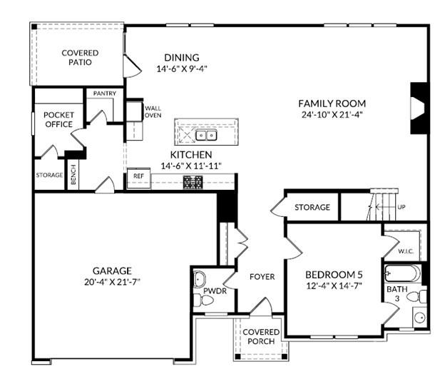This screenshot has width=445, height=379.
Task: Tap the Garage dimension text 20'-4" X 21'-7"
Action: (111, 283)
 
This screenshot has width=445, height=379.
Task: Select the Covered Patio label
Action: (80, 58)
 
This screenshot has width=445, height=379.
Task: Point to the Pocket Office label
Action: (58, 119)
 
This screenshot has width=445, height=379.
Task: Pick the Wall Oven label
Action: (153, 112)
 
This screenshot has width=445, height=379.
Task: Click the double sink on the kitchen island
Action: (207, 135)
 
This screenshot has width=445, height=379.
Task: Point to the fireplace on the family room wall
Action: (417, 108)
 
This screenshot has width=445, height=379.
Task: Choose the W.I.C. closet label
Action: (406, 251)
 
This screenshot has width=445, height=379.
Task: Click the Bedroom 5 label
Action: (334, 276)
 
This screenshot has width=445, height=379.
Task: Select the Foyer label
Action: (262, 276)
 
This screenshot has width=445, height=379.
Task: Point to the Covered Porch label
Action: (261, 338)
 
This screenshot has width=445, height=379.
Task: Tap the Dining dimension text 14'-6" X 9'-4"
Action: (181, 69)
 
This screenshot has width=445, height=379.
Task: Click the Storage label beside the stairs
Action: (312, 208)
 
